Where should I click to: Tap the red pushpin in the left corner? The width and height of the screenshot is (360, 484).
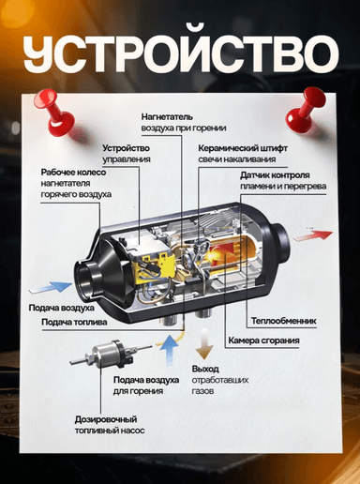click(56, 112)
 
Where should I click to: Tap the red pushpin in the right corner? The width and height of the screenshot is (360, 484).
click(304, 109)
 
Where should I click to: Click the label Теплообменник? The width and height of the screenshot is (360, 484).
click(283, 321)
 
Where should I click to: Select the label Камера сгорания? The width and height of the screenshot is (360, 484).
click(263, 340)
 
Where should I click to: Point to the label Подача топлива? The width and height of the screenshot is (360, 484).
click(74, 322)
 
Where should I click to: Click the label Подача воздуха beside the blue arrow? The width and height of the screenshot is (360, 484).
click(62, 308)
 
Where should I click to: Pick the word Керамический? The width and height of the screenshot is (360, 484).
click(227, 148)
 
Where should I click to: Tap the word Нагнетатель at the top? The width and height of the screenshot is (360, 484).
click(167, 117)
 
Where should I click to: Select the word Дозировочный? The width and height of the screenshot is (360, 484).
click(106, 419)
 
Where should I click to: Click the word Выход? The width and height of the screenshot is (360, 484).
click(205, 369)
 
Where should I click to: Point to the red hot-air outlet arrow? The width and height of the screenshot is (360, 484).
click(313, 235)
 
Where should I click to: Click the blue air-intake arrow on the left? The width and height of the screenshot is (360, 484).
click(51, 287)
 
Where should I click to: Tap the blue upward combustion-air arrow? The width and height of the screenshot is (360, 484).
click(169, 350)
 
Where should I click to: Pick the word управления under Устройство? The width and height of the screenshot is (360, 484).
click(127, 159)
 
